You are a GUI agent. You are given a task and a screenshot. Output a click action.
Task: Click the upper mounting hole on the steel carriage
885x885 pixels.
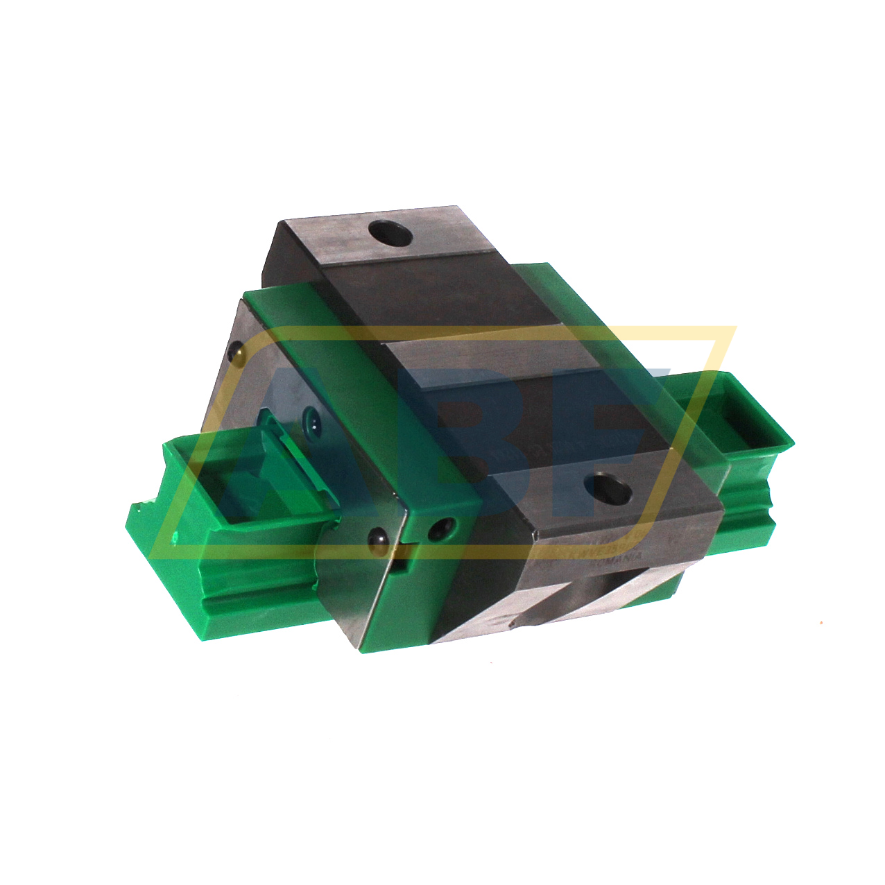(390, 234)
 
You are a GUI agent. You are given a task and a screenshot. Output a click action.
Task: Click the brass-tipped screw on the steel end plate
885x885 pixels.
(237, 353)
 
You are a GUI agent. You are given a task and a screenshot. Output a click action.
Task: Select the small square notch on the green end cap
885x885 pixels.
(400, 564)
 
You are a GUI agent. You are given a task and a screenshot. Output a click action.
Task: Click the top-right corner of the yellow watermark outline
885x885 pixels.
(734, 328)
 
